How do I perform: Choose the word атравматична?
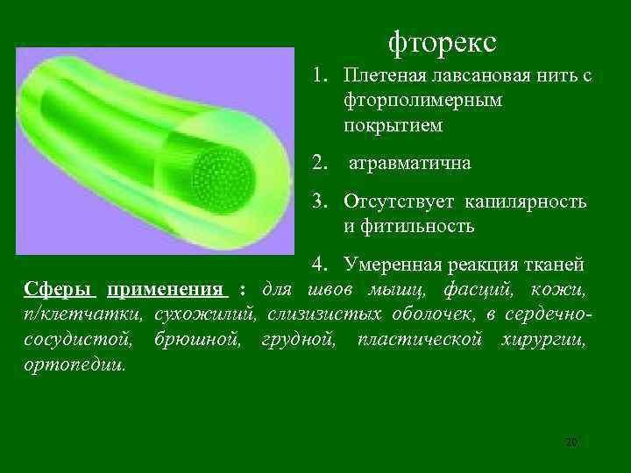(409, 163)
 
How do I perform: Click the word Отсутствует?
(400, 202)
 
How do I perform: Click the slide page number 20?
(571, 442)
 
